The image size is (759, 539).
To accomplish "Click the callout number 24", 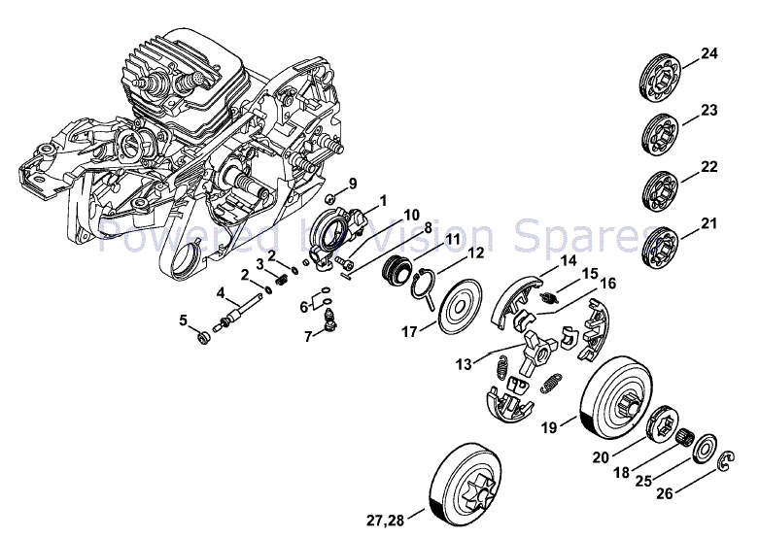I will click(x=708, y=53).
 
